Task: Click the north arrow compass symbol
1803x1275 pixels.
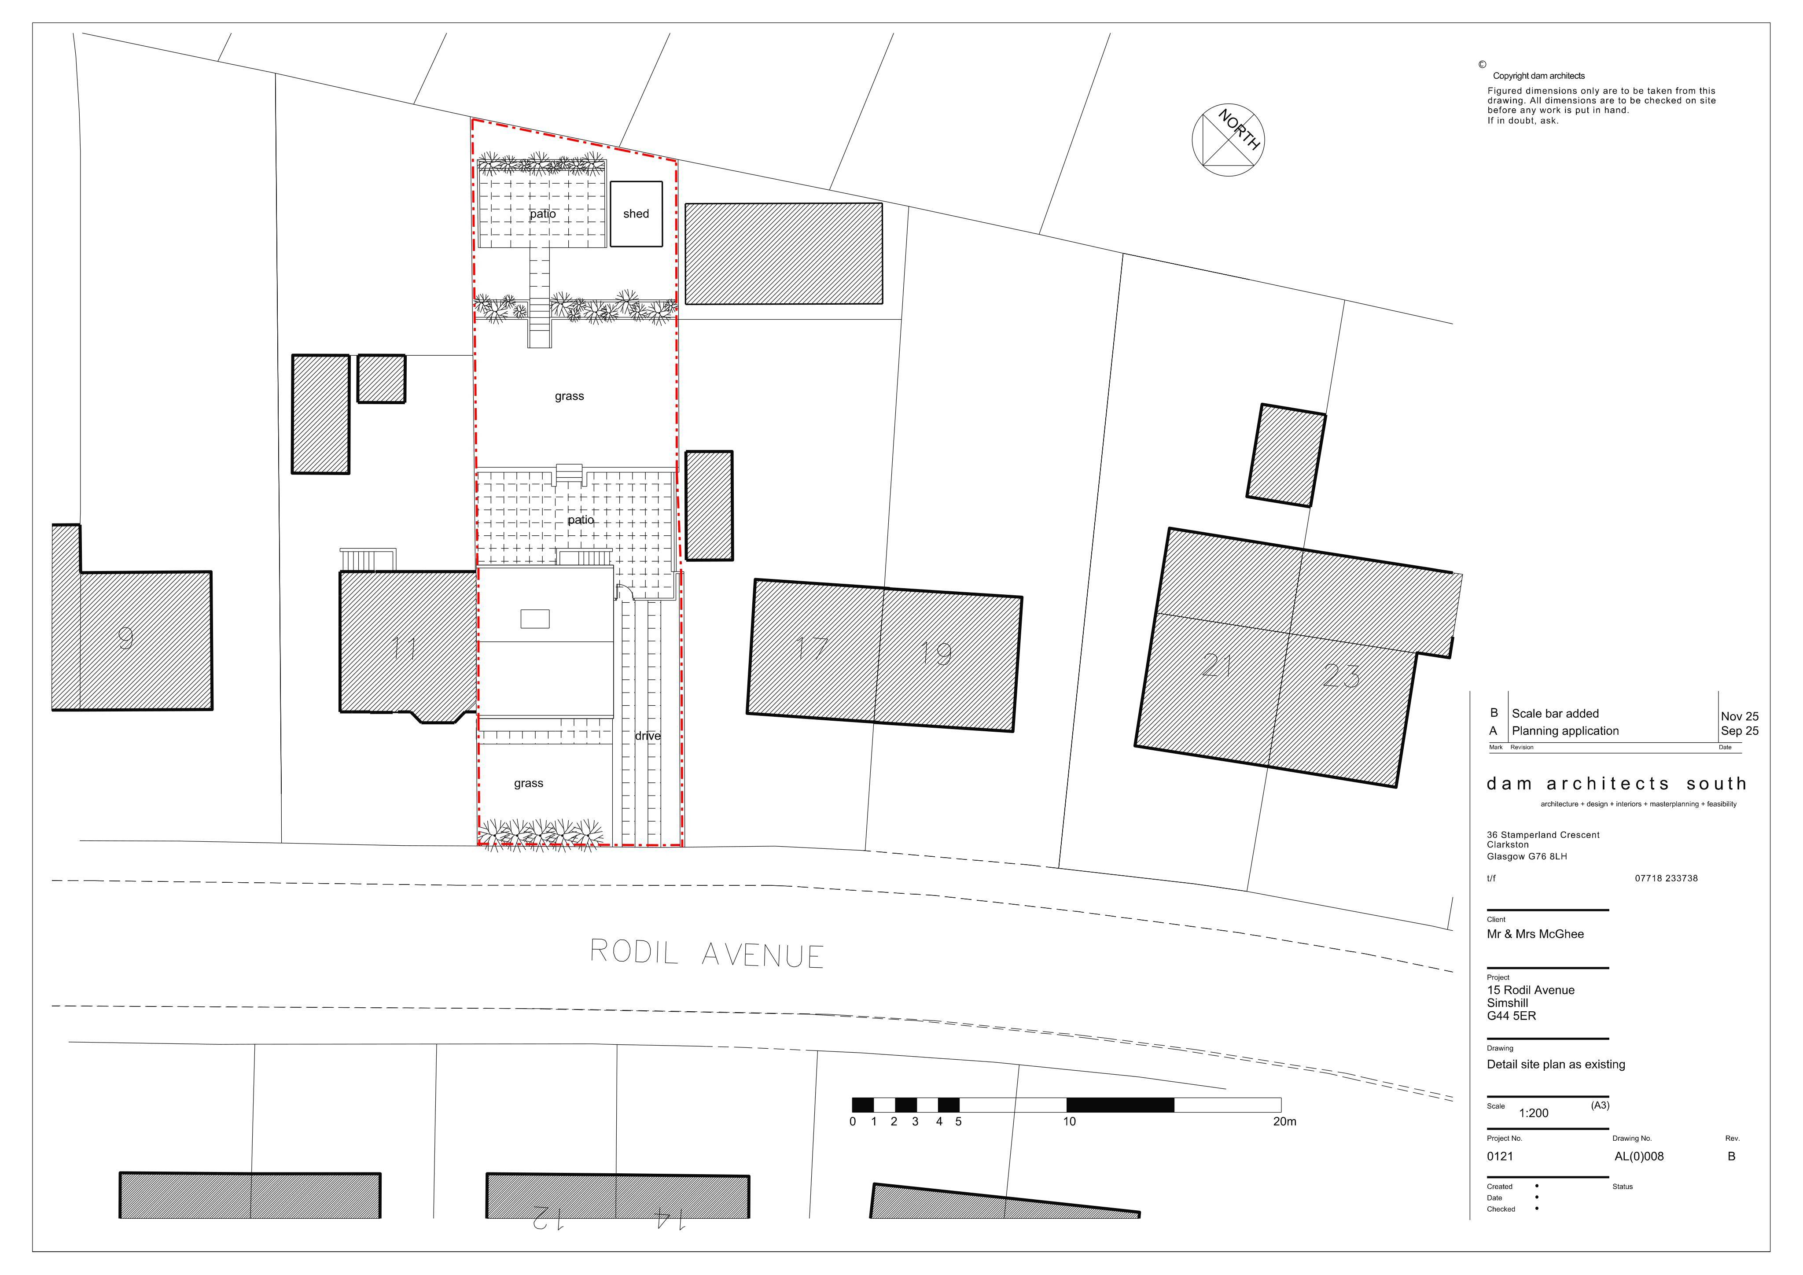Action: [1227, 140]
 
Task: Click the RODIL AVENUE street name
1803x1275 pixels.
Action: [707, 954]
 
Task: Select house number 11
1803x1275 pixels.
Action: [404, 648]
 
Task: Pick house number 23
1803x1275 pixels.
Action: [1341, 675]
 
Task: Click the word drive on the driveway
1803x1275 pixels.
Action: [648, 736]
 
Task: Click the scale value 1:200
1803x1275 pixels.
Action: [1534, 1113]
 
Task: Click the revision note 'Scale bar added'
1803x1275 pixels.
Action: [1555, 713]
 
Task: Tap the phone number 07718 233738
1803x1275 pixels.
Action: [1667, 878]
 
